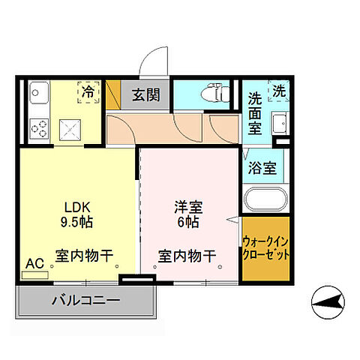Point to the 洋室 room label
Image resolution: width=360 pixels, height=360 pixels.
coord(187,205)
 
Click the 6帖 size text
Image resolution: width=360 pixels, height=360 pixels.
coord(187,222)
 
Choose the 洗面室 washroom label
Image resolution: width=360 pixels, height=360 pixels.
coord(256,110)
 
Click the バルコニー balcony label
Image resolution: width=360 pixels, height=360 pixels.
coord(85,301)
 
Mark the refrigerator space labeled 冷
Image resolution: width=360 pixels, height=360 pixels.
coord(88,93)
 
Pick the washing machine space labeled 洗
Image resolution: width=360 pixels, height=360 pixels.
coord(279,91)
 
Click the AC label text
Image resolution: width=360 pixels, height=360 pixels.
coord(34,263)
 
